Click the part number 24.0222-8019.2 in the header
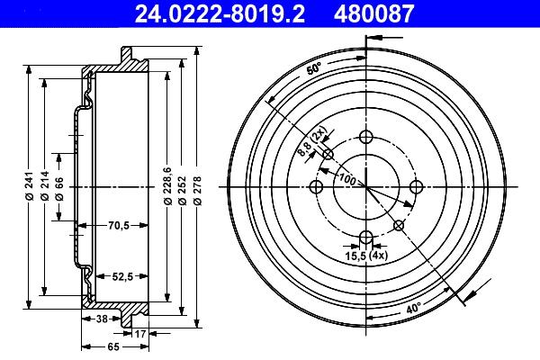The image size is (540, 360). pos(220,13)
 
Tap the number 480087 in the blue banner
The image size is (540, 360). pos(373,13)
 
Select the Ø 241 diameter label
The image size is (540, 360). pos(29,185)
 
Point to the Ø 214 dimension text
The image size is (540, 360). pos(45,185)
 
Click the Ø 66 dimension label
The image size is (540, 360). pos(59,188)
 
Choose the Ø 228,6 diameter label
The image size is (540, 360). pos(167,185)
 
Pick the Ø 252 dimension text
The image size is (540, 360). pos(183,191)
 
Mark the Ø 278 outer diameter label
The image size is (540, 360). pos(197,191)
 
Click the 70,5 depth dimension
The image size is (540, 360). pos(119,226)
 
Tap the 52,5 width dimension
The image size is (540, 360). pos(122,276)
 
